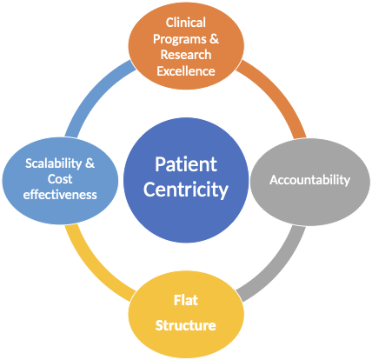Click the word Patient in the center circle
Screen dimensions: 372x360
(186, 164)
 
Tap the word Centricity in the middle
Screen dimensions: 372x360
(186, 190)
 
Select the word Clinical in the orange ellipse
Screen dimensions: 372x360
(186, 23)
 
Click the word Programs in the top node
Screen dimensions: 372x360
(180, 39)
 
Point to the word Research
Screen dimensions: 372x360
(186, 55)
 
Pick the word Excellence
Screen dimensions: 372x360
(186, 71)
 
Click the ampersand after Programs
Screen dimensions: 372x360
(214, 38)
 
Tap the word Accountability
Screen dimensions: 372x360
(309, 180)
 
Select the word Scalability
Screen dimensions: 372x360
(54, 163)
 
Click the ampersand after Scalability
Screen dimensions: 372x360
(90, 163)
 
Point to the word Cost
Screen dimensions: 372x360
(60, 179)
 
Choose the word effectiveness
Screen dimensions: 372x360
(60, 195)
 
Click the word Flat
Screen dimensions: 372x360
(186, 300)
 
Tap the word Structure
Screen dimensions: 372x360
(186, 325)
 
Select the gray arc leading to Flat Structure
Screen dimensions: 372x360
(276, 267)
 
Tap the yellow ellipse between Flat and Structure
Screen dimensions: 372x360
(186, 313)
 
